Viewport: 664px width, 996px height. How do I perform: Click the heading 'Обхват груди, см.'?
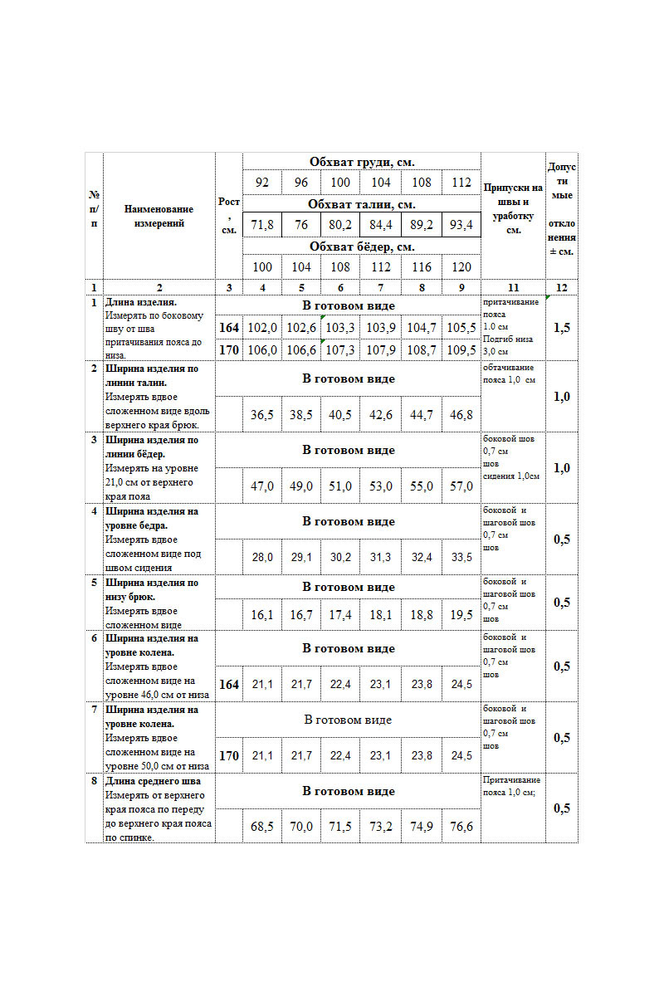click(x=362, y=162)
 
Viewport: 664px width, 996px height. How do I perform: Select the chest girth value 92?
click(x=262, y=183)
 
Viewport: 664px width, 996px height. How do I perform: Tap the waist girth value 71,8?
click(x=262, y=225)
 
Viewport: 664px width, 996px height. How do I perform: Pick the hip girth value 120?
click(x=461, y=266)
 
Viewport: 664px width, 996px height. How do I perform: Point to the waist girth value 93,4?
click(x=461, y=225)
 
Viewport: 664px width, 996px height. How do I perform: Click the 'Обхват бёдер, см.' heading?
click(x=362, y=247)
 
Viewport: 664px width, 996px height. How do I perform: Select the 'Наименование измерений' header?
click(x=159, y=216)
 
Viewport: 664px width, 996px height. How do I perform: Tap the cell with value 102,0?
click(x=262, y=328)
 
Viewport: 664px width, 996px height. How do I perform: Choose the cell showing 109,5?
click(x=461, y=350)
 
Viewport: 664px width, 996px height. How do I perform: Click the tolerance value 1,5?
click(x=562, y=328)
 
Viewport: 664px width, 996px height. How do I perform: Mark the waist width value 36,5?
click(x=262, y=415)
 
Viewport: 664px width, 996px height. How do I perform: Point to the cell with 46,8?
click(x=461, y=415)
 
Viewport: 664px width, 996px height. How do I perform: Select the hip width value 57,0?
click(x=461, y=486)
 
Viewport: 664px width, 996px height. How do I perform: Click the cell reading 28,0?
click(x=262, y=558)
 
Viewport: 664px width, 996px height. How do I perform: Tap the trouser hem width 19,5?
click(x=461, y=615)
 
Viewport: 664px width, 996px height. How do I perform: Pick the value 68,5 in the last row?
click(x=262, y=827)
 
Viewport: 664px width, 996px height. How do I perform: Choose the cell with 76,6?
click(x=461, y=827)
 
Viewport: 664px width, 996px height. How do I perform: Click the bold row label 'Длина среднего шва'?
click(x=154, y=781)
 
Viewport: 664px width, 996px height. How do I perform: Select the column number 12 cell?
click(x=562, y=287)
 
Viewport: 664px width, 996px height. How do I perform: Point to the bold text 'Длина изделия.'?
click(x=141, y=303)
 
